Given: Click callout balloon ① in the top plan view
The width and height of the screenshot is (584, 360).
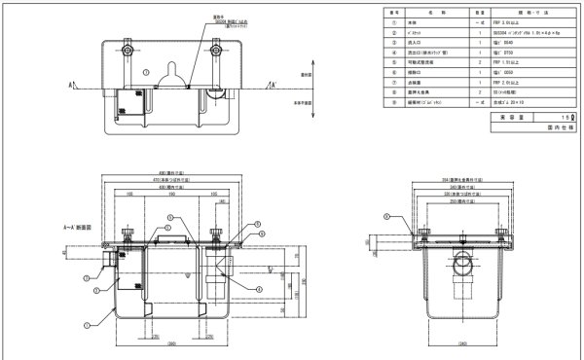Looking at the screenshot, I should coord(146,71).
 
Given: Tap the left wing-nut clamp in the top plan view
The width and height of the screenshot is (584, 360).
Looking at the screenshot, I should coord(126,48).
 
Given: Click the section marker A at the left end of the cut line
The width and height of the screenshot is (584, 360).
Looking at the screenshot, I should coord(71,85).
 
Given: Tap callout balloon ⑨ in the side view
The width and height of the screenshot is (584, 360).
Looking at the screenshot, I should coord(386,216).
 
